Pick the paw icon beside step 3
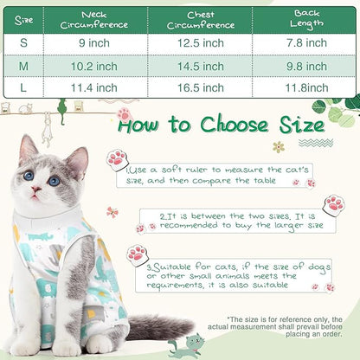click(135, 254)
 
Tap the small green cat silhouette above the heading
click(61, 106)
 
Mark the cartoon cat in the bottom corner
click(187, 345)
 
